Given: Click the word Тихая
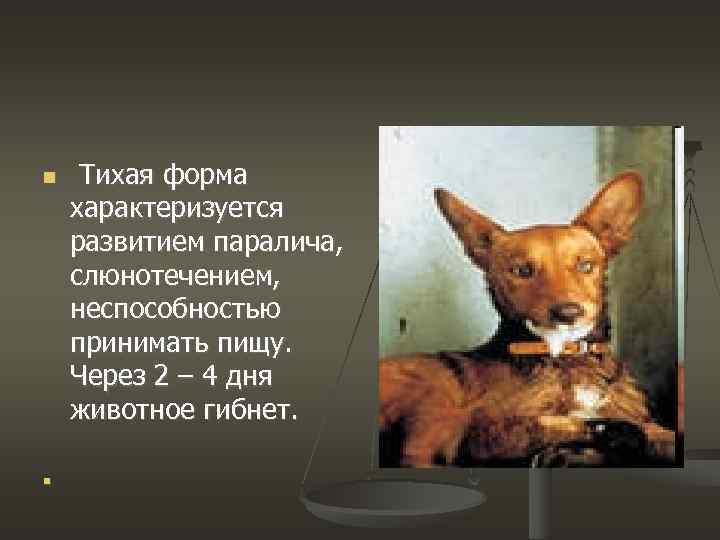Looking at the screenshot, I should [x=117, y=176].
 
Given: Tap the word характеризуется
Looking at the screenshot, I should [x=178, y=209].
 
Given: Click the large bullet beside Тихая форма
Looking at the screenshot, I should [x=47, y=180].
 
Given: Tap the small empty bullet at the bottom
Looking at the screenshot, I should [x=46, y=481].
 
